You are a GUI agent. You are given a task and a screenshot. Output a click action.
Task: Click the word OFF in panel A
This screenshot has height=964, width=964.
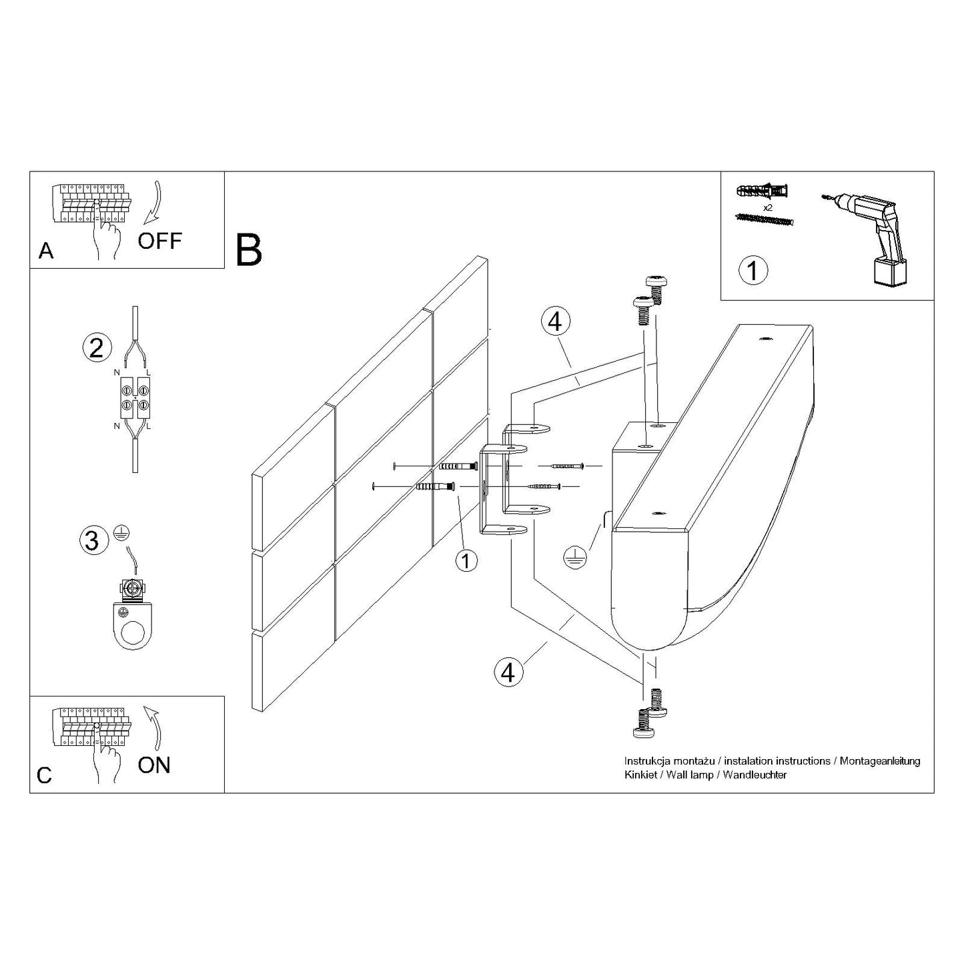point(159,240)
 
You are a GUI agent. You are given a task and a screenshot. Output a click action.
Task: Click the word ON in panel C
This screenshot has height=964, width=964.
point(154,765)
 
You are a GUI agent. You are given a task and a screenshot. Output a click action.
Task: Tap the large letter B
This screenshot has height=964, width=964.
point(248,250)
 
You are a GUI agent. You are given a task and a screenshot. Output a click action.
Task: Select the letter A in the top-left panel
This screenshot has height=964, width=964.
point(46,251)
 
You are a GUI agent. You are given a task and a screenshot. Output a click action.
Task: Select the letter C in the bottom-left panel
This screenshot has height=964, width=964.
point(45,775)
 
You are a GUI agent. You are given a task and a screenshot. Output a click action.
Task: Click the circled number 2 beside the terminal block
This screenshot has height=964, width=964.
point(96,348)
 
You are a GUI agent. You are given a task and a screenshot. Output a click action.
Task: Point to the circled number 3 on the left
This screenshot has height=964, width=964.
point(93,540)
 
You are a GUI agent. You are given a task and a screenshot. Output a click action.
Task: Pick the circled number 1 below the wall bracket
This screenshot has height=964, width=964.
point(466,560)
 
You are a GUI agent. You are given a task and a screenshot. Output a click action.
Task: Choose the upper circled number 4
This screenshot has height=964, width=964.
point(555,322)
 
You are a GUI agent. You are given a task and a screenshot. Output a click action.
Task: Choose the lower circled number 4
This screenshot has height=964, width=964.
point(508,672)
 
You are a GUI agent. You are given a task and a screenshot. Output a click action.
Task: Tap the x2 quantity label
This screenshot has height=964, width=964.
point(768,208)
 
